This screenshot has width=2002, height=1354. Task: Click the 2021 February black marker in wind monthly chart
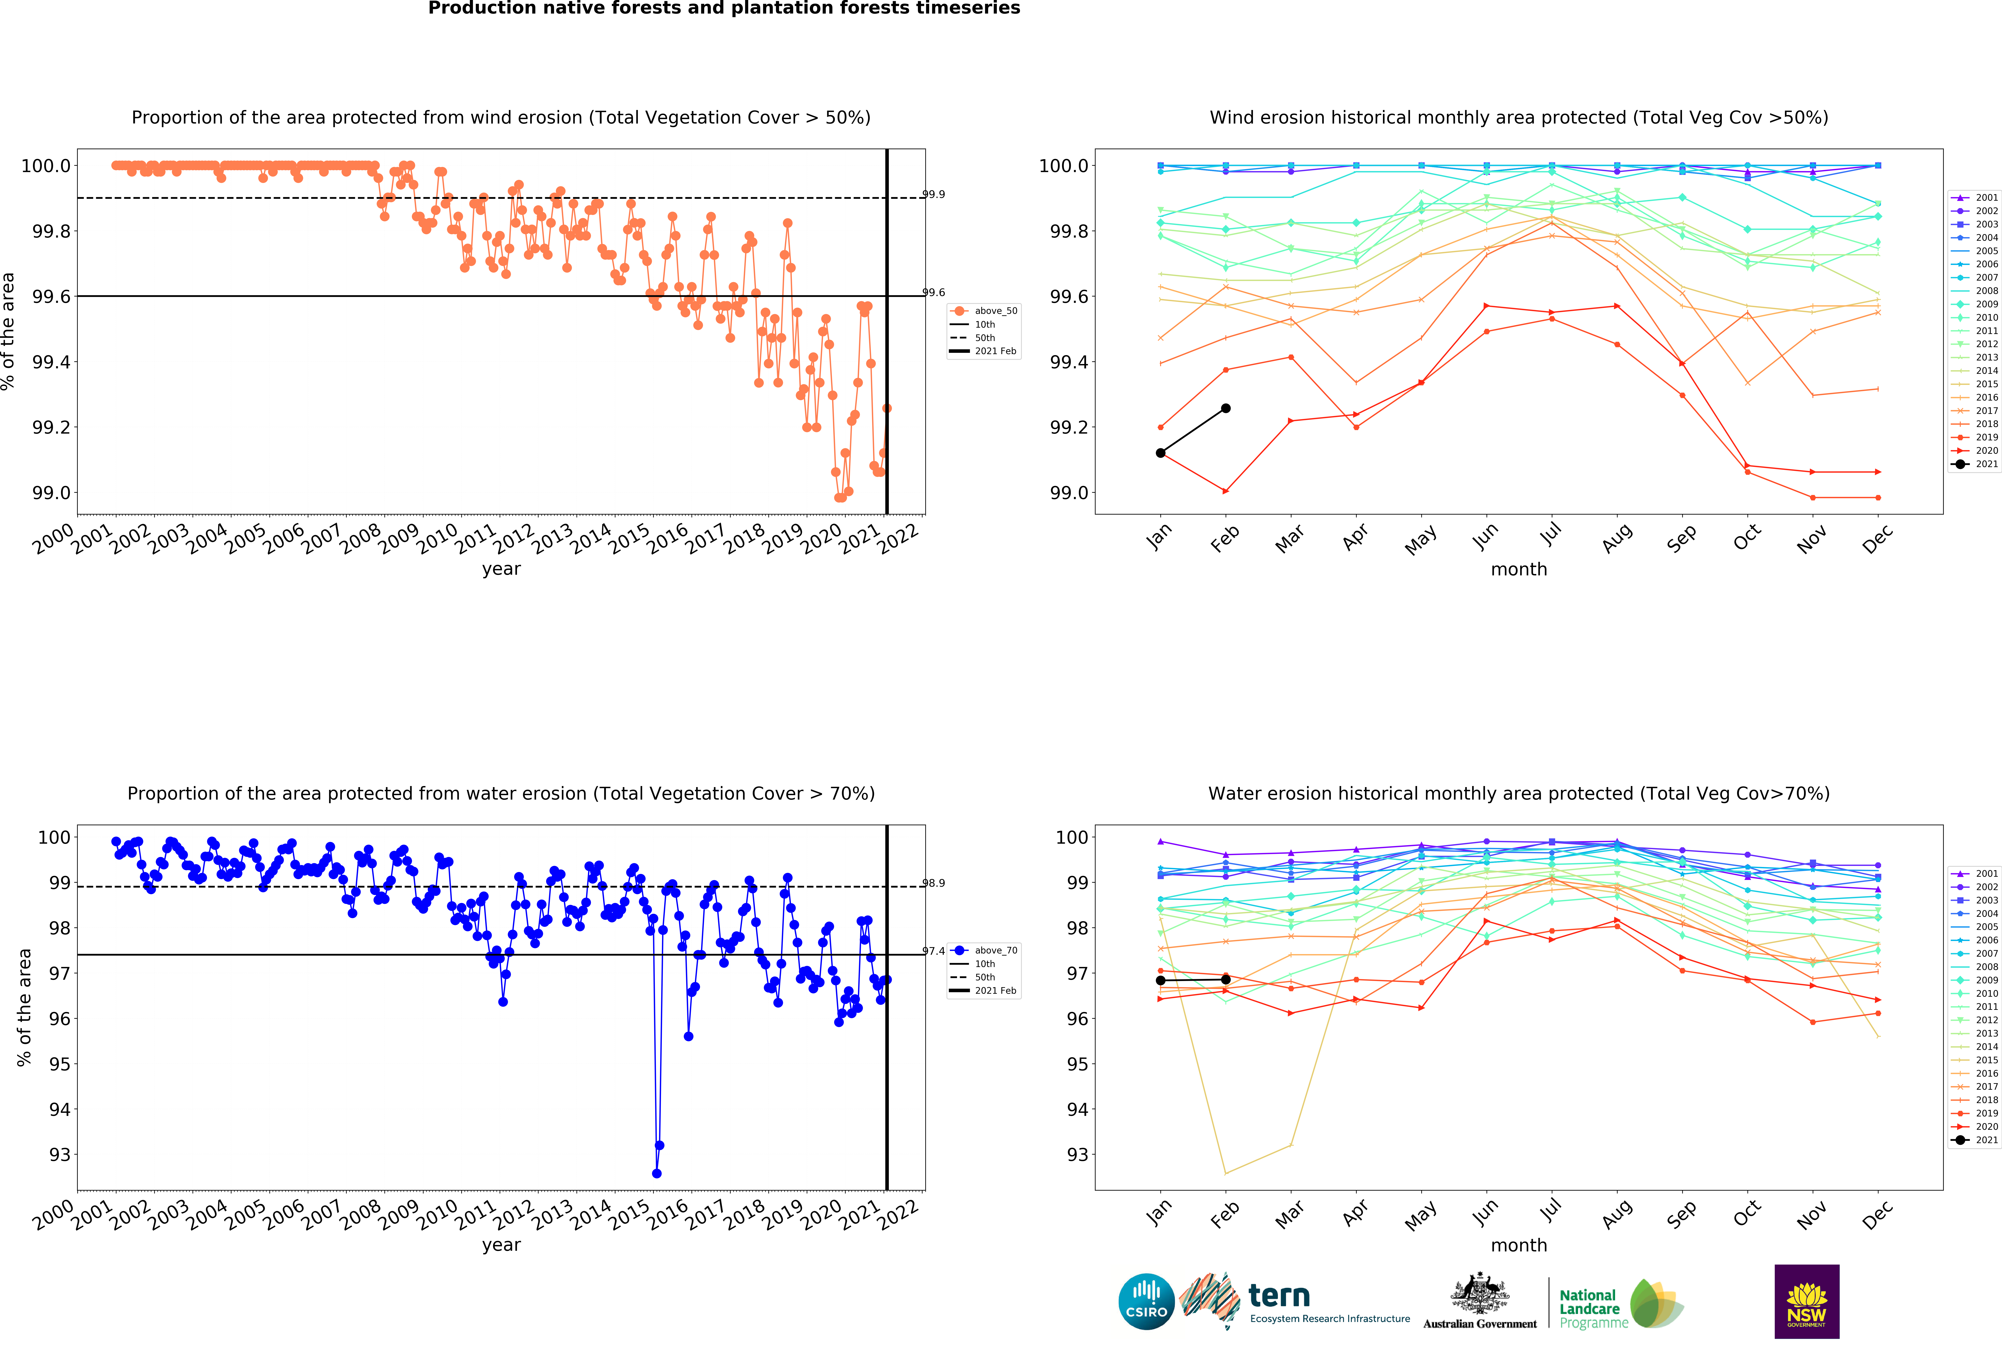point(1226,409)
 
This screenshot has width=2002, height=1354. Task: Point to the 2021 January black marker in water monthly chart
point(1160,980)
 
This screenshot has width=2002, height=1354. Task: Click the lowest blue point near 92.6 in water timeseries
point(656,1173)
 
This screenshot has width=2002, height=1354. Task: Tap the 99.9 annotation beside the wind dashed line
point(934,194)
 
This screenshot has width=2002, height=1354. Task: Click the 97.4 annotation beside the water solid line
point(934,951)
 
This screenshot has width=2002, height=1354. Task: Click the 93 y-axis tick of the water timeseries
point(60,1155)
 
